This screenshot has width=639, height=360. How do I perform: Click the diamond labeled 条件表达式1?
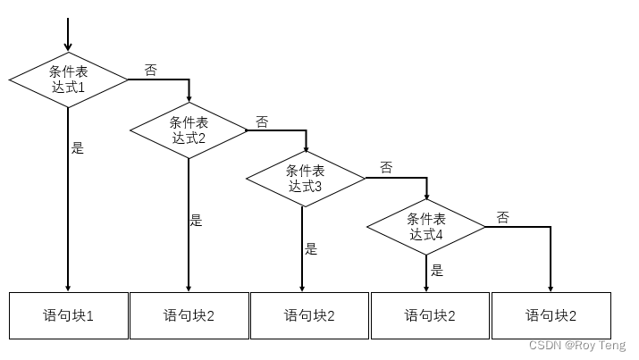pyautogui.click(x=68, y=79)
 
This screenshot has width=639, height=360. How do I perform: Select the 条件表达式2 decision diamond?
pyautogui.click(x=189, y=130)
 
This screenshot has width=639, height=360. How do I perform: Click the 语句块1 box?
pyautogui.click(x=69, y=315)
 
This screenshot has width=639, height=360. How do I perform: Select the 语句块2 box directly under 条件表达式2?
pyautogui.click(x=189, y=315)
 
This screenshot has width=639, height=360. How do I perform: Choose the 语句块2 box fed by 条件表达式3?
pyautogui.click(x=310, y=315)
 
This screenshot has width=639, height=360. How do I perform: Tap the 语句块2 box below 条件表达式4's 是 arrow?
pyautogui.click(x=431, y=315)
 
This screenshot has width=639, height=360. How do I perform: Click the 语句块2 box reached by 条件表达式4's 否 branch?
pyautogui.click(x=551, y=315)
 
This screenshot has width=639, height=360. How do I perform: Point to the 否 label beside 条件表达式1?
pyautogui.click(x=150, y=70)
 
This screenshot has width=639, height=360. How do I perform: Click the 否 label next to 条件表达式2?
pyautogui.click(x=262, y=121)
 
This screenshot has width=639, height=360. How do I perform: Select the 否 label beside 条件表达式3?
pyautogui.click(x=386, y=167)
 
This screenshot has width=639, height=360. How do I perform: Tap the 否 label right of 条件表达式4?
pyautogui.click(x=503, y=217)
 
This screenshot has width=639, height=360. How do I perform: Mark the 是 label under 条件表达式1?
pyautogui.click(x=78, y=148)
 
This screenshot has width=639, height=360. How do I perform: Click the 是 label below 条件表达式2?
pyautogui.click(x=197, y=220)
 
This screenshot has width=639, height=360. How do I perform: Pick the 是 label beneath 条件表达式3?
pyautogui.click(x=311, y=249)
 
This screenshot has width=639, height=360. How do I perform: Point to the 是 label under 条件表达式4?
pyautogui.click(x=437, y=269)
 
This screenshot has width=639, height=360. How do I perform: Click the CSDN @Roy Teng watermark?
pyautogui.click(x=576, y=346)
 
